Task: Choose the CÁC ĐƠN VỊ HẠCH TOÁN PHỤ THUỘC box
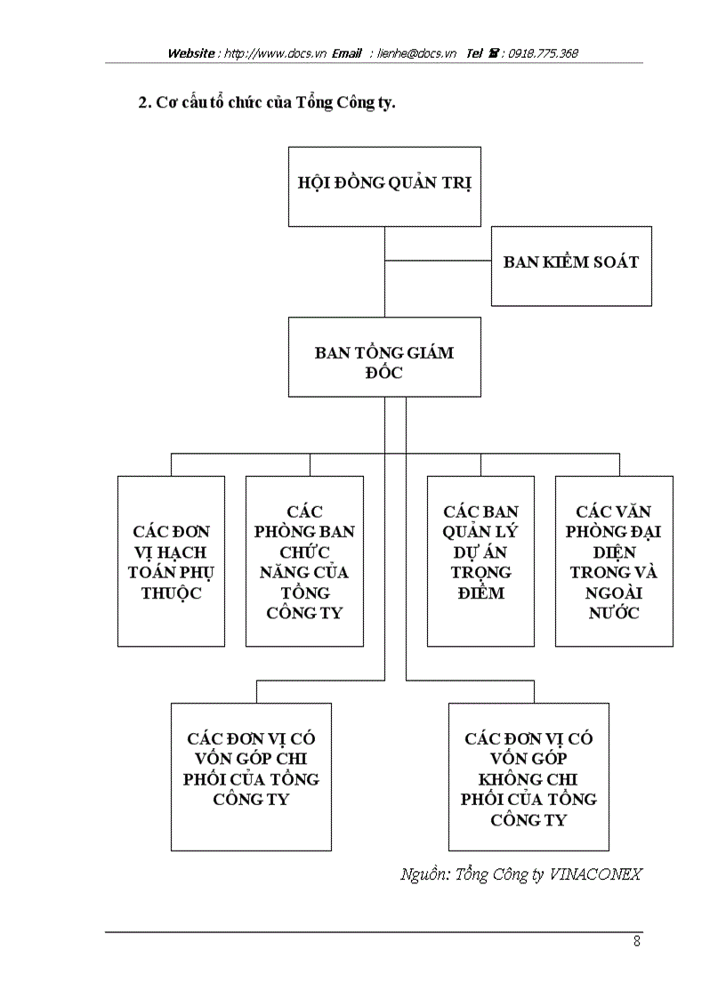[x=171, y=561]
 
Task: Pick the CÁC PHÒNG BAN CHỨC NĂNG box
[x=304, y=561]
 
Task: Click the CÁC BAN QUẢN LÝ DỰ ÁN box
[x=480, y=561]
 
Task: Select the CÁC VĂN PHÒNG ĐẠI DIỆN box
[x=614, y=561]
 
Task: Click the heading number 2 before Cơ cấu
[x=142, y=102]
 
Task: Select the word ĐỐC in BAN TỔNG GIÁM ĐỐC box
[x=384, y=373]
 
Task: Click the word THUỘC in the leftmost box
[x=171, y=592]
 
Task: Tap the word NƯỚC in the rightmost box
[x=614, y=613]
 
